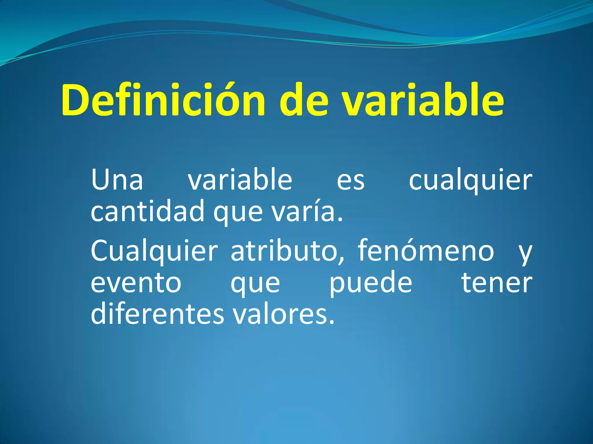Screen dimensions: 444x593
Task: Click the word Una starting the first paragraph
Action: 117,180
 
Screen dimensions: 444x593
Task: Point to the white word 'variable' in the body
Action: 240,180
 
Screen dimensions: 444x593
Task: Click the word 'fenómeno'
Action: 426,250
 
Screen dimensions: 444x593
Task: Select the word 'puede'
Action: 371,283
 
